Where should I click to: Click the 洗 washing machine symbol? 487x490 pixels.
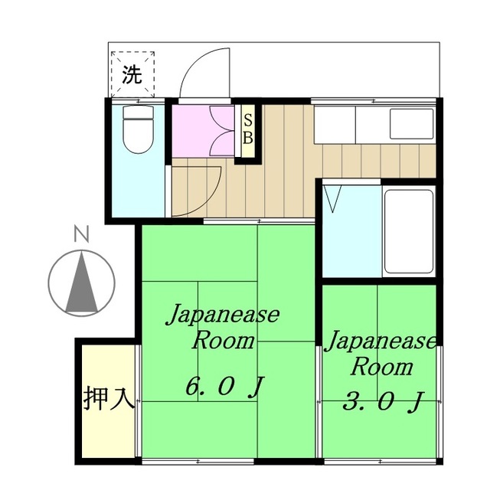[132, 74]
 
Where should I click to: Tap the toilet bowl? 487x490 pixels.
[139, 136]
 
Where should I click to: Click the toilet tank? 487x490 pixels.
[139, 112]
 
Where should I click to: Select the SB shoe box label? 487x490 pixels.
[248, 128]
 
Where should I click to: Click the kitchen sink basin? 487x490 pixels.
[412, 124]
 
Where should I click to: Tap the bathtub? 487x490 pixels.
[409, 231]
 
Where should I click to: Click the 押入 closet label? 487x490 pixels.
[109, 398]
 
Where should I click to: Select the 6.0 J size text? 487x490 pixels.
[224, 387]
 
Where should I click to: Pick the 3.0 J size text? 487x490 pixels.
[383, 401]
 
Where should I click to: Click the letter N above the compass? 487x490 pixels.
[82, 234]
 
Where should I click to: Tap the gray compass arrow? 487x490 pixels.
[82, 282]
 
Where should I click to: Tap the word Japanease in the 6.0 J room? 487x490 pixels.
[223, 314]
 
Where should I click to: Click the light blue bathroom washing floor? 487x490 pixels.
[351, 231]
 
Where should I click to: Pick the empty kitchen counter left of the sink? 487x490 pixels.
[335, 125]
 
